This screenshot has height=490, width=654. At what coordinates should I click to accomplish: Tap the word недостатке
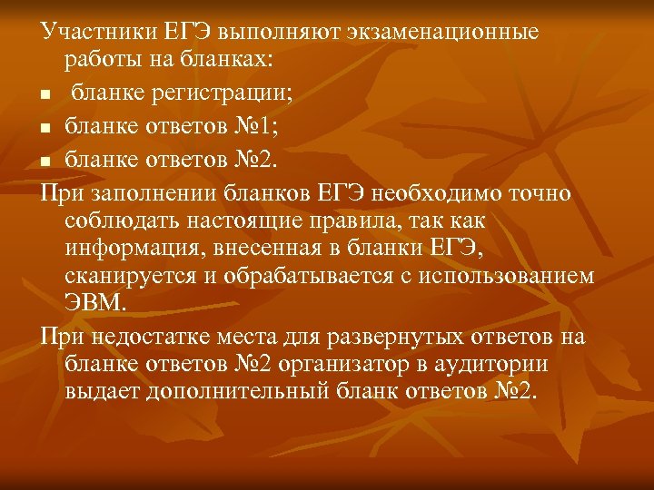pyautogui.click(x=154, y=337)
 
